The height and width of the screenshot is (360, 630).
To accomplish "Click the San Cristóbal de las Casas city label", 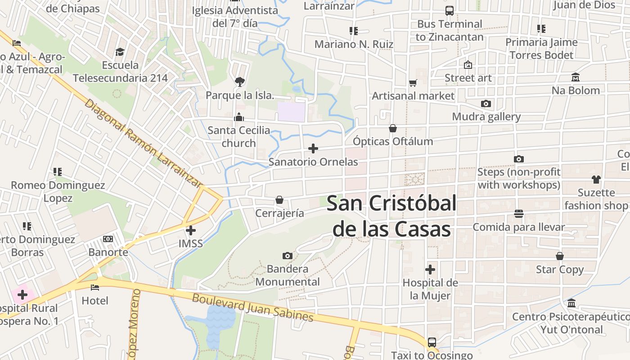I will [x=391, y=216].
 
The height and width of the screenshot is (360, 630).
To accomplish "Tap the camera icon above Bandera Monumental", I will [x=287, y=256].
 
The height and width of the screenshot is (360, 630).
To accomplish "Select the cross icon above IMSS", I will [x=191, y=230].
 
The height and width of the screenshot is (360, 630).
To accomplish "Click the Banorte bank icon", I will [x=108, y=239].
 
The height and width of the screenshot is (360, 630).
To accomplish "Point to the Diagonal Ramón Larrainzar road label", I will [x=143, y=143].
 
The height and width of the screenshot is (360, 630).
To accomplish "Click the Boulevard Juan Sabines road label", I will [x=252, y=307].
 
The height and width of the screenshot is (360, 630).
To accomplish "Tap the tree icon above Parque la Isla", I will [x=240, y=82].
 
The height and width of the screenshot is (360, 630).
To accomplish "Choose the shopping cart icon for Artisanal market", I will [x=413, y=83].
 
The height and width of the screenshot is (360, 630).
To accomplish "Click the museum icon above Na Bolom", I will [x=576, y=77].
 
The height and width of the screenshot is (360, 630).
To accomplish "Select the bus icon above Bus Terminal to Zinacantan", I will [x=449, y=11].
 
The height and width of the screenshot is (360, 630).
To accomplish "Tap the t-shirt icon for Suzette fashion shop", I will [x=596, y=180].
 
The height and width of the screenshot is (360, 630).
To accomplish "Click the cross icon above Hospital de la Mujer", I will [x=430, y=270].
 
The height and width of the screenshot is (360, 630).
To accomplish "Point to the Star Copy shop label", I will [x=560, y=270].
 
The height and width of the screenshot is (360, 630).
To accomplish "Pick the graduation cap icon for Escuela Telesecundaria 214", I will [x=120, y=52].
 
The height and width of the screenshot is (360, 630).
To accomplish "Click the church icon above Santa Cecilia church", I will [x=239, y=117].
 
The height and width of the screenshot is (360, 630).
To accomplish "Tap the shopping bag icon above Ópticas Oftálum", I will [x=393, y=128].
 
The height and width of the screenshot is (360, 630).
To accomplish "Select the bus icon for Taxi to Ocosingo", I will [x=432, y=342].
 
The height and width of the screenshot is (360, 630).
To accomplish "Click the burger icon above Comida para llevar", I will [x=519, y=214].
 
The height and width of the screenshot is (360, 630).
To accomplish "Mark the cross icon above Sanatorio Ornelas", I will [x=313, y=148].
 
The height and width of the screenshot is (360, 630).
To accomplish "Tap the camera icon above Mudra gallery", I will [x=486, y=104].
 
